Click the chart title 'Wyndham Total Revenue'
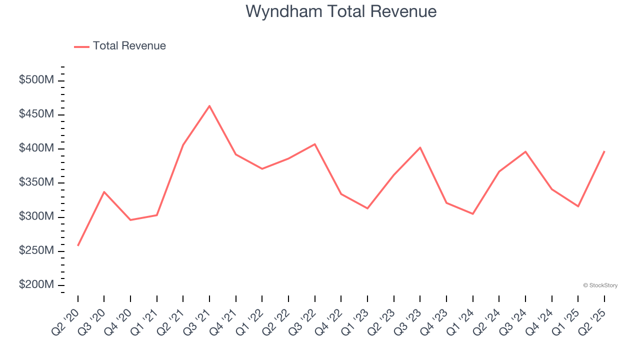pos(341,11)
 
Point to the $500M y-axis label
pos(36,80)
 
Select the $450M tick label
pos(36,114)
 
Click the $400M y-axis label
pos(36,148)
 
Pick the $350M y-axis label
pos(36,182)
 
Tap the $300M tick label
pos(36,216)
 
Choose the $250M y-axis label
pos(36,250)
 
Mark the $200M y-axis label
pos(36,284)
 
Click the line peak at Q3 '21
pos(209,106)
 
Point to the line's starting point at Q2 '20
pos(78,245)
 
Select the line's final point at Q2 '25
pos(604,151)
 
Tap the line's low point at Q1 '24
pos(472,214)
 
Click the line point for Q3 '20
pos(104,192)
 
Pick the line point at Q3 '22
pos(315,144)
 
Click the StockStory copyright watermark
pos(600,285)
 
